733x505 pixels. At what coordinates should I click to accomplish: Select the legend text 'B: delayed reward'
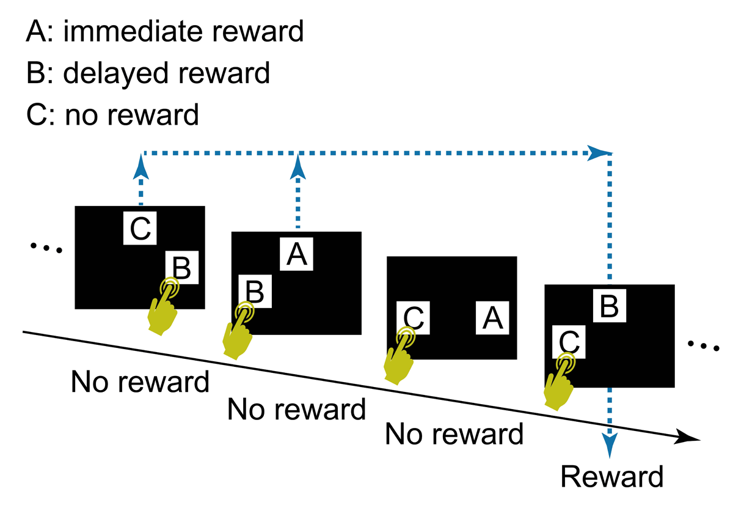[148, 73]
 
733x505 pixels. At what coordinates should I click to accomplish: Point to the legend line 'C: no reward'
[113, 114]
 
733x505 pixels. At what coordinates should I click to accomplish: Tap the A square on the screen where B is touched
[297, 254]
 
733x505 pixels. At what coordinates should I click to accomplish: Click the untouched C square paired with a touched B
[140, 228]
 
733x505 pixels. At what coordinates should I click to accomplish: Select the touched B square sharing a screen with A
[257, 292]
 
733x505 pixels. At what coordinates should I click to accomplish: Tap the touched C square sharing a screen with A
[413, 318]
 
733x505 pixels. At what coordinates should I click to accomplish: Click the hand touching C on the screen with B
[560, 382]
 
